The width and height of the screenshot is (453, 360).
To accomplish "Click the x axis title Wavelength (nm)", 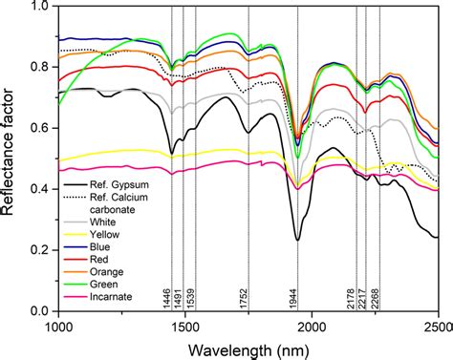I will tap(248, 347).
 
